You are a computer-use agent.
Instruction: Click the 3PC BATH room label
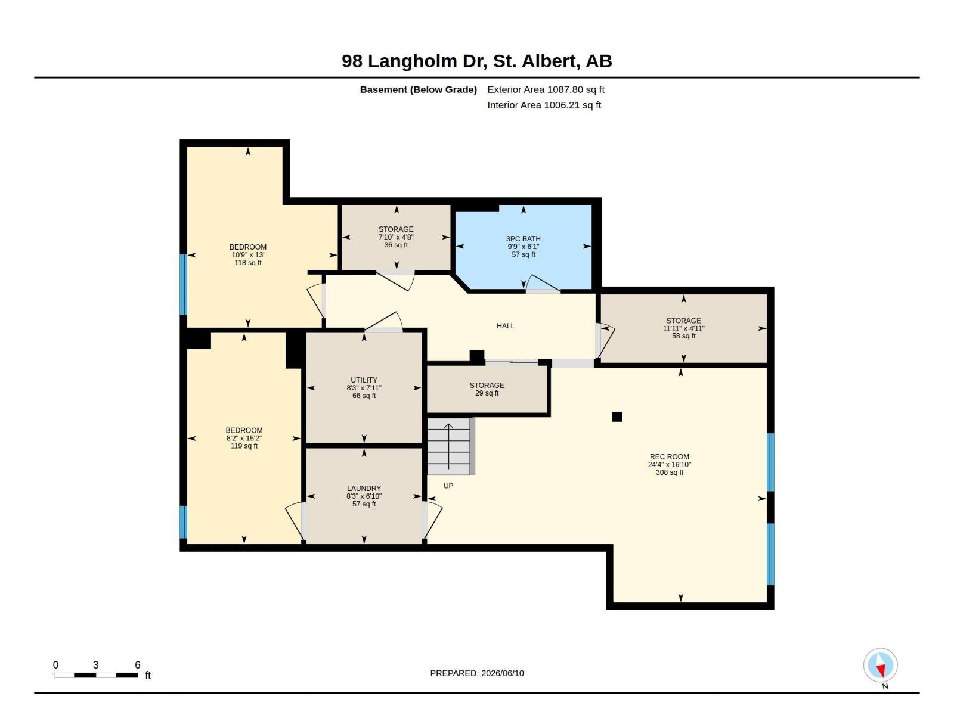(x=524, y=239)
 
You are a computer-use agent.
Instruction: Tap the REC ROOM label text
(x=670, y=456)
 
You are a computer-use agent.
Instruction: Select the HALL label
(x=506, y=325)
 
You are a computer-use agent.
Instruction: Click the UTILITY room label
(x=364, y=380)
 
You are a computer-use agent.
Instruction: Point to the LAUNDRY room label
(x=364, y=489)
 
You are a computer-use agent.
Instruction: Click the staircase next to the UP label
(x=451, y=446)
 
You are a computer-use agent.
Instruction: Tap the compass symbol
(x=880, y=665)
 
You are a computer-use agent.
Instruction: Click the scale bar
(x=95, y=675)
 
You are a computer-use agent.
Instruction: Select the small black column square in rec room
(x=617, y=416)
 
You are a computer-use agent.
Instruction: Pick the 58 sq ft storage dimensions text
(x=684, y=329)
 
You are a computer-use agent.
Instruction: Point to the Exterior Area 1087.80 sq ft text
(x=546, y=89)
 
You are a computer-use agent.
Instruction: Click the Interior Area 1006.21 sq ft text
(x=544, y=105)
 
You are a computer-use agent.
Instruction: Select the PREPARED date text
(x=477, y=673)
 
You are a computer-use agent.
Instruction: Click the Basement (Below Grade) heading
(x=418, y=89)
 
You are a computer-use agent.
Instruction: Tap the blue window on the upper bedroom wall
(x=184, y=284)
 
